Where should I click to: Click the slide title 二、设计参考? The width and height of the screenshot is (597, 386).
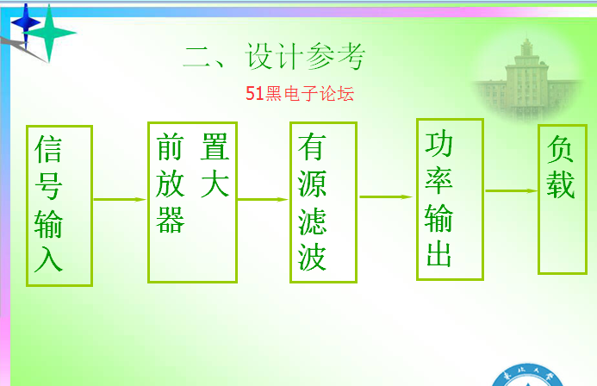click(274, 56)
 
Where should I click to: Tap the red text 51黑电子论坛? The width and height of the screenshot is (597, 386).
click(300, 94)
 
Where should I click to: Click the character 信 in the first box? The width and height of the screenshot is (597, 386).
click(48, 149)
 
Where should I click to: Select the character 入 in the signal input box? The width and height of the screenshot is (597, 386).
click(48, 258)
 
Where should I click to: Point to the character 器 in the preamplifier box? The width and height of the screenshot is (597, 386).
click(171, 220)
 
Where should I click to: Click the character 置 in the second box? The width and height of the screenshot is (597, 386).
click(215, 146)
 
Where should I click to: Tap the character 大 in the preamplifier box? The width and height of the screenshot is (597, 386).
click(215, 184)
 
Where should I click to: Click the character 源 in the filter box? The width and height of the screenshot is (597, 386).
click(312, 184)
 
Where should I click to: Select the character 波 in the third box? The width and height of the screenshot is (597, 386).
click(312, 258)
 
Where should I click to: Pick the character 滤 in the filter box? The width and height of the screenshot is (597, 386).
click(312, 221)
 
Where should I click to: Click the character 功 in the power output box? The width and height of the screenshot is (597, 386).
click(439, 144)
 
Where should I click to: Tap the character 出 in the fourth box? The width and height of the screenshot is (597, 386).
click(439, 254)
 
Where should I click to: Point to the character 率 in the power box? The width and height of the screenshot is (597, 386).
click(439, 180)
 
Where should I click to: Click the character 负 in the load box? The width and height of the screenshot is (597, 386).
click(561, 149)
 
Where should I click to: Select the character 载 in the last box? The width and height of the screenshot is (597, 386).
click(561, 184)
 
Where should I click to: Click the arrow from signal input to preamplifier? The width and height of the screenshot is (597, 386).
click(120, 199)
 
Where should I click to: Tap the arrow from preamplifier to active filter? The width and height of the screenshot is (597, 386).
click(263, 199)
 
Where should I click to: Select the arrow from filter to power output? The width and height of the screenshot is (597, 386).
click(386, 196)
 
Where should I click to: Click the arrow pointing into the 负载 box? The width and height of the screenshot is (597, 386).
click(512, 190)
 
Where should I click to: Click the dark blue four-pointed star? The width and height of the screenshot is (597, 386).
click(26, 23)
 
